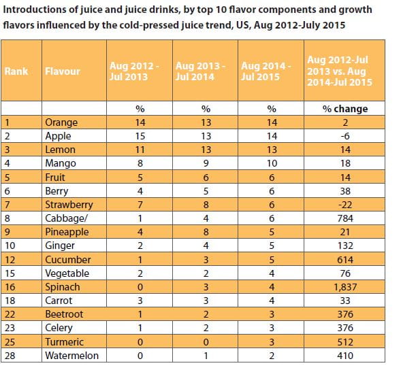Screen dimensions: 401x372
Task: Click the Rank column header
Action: click(x=16, y=71)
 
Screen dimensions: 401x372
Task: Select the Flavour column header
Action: click(x=63, y=71)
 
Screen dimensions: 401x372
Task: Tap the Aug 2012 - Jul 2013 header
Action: click(x=134, y=71)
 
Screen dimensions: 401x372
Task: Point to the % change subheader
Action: click(x=345, y=109)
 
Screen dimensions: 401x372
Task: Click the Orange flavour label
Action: click(x=61, y=122)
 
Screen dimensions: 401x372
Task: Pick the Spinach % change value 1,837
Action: click(x=345, y=287)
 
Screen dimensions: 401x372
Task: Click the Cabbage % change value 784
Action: click(x=345, y=218)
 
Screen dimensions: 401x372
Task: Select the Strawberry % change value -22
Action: click(x=345, y=205)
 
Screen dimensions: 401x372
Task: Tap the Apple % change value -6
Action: click(x=345, y=136)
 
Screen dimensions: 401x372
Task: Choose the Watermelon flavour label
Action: click(x=72, y=356)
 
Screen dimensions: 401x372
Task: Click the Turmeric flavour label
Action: click(x=65, y=342)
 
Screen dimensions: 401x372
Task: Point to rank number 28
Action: click(x=10, y=356)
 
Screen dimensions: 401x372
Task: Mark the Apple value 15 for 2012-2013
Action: click(x=140, y=136)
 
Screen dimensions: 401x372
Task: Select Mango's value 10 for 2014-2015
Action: click(x=272, y=163)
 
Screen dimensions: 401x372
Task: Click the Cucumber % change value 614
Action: click(x=345, y=260)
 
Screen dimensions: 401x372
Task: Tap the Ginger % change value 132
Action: click(x=345, y=246)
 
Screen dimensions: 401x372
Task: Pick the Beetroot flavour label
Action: click(x=64, y=314)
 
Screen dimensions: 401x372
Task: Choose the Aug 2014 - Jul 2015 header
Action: click(x=266, y=71)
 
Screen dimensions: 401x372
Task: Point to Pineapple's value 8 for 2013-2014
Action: click(x=206, y=232)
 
